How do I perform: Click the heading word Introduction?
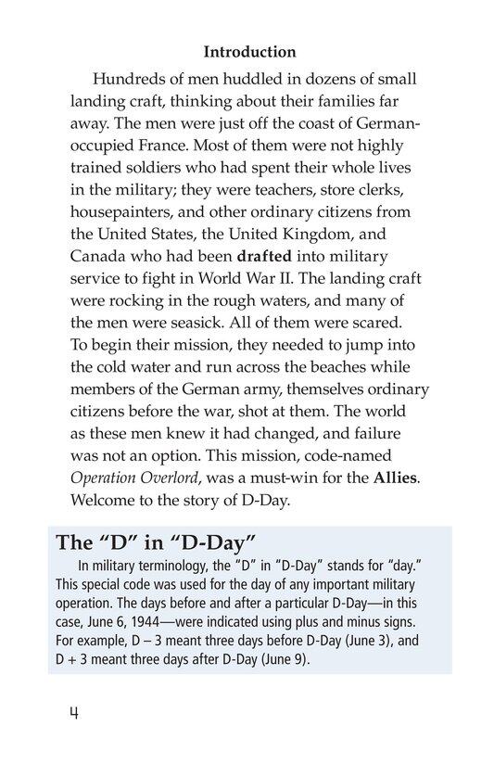249,52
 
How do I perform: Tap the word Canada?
99,256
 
